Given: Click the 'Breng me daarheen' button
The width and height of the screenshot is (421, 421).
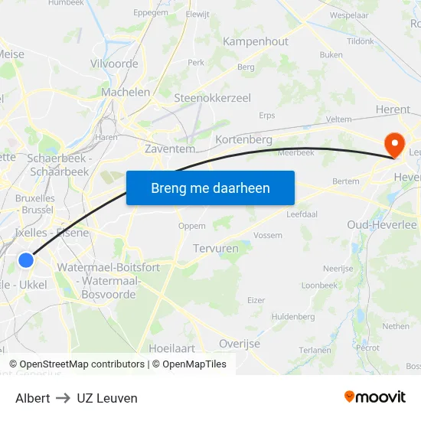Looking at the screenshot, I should click(x=210, y=188).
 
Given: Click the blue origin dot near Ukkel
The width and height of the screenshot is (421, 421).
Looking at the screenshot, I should click(x=26, y=260).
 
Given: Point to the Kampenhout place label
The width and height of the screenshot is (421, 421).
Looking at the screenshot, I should click(x=256, y=41).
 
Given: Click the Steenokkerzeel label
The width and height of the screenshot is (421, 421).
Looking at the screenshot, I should click(x=212, y=98).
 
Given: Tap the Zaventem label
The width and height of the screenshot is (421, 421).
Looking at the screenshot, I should click(x=170, y=149).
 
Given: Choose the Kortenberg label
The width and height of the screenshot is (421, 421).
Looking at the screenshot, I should click(x=244, y=140).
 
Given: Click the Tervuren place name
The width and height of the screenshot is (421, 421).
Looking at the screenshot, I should click(x=216, y=249).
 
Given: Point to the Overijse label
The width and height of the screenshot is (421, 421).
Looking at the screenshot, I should click(x=240, y=344).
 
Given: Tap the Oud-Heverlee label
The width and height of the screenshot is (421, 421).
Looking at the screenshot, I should click(x=381, y=225).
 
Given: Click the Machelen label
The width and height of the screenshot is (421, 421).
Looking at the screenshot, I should click(x=126, y=92).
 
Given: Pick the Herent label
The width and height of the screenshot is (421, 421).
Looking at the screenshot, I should click(x=393, y=109).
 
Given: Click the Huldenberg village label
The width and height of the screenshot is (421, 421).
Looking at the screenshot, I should click(x=293, y=316).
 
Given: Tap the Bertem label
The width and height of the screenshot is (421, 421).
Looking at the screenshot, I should click(x=346, y=181).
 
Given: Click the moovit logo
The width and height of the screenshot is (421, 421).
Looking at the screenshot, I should click(x=375, y=397).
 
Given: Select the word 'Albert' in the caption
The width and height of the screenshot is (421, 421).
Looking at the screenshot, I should click(x=33, y=398).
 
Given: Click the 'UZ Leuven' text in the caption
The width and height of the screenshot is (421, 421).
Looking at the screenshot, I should click(x=107, y=398).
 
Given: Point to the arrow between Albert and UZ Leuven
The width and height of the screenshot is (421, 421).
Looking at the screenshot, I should click(x=64, y=398).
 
